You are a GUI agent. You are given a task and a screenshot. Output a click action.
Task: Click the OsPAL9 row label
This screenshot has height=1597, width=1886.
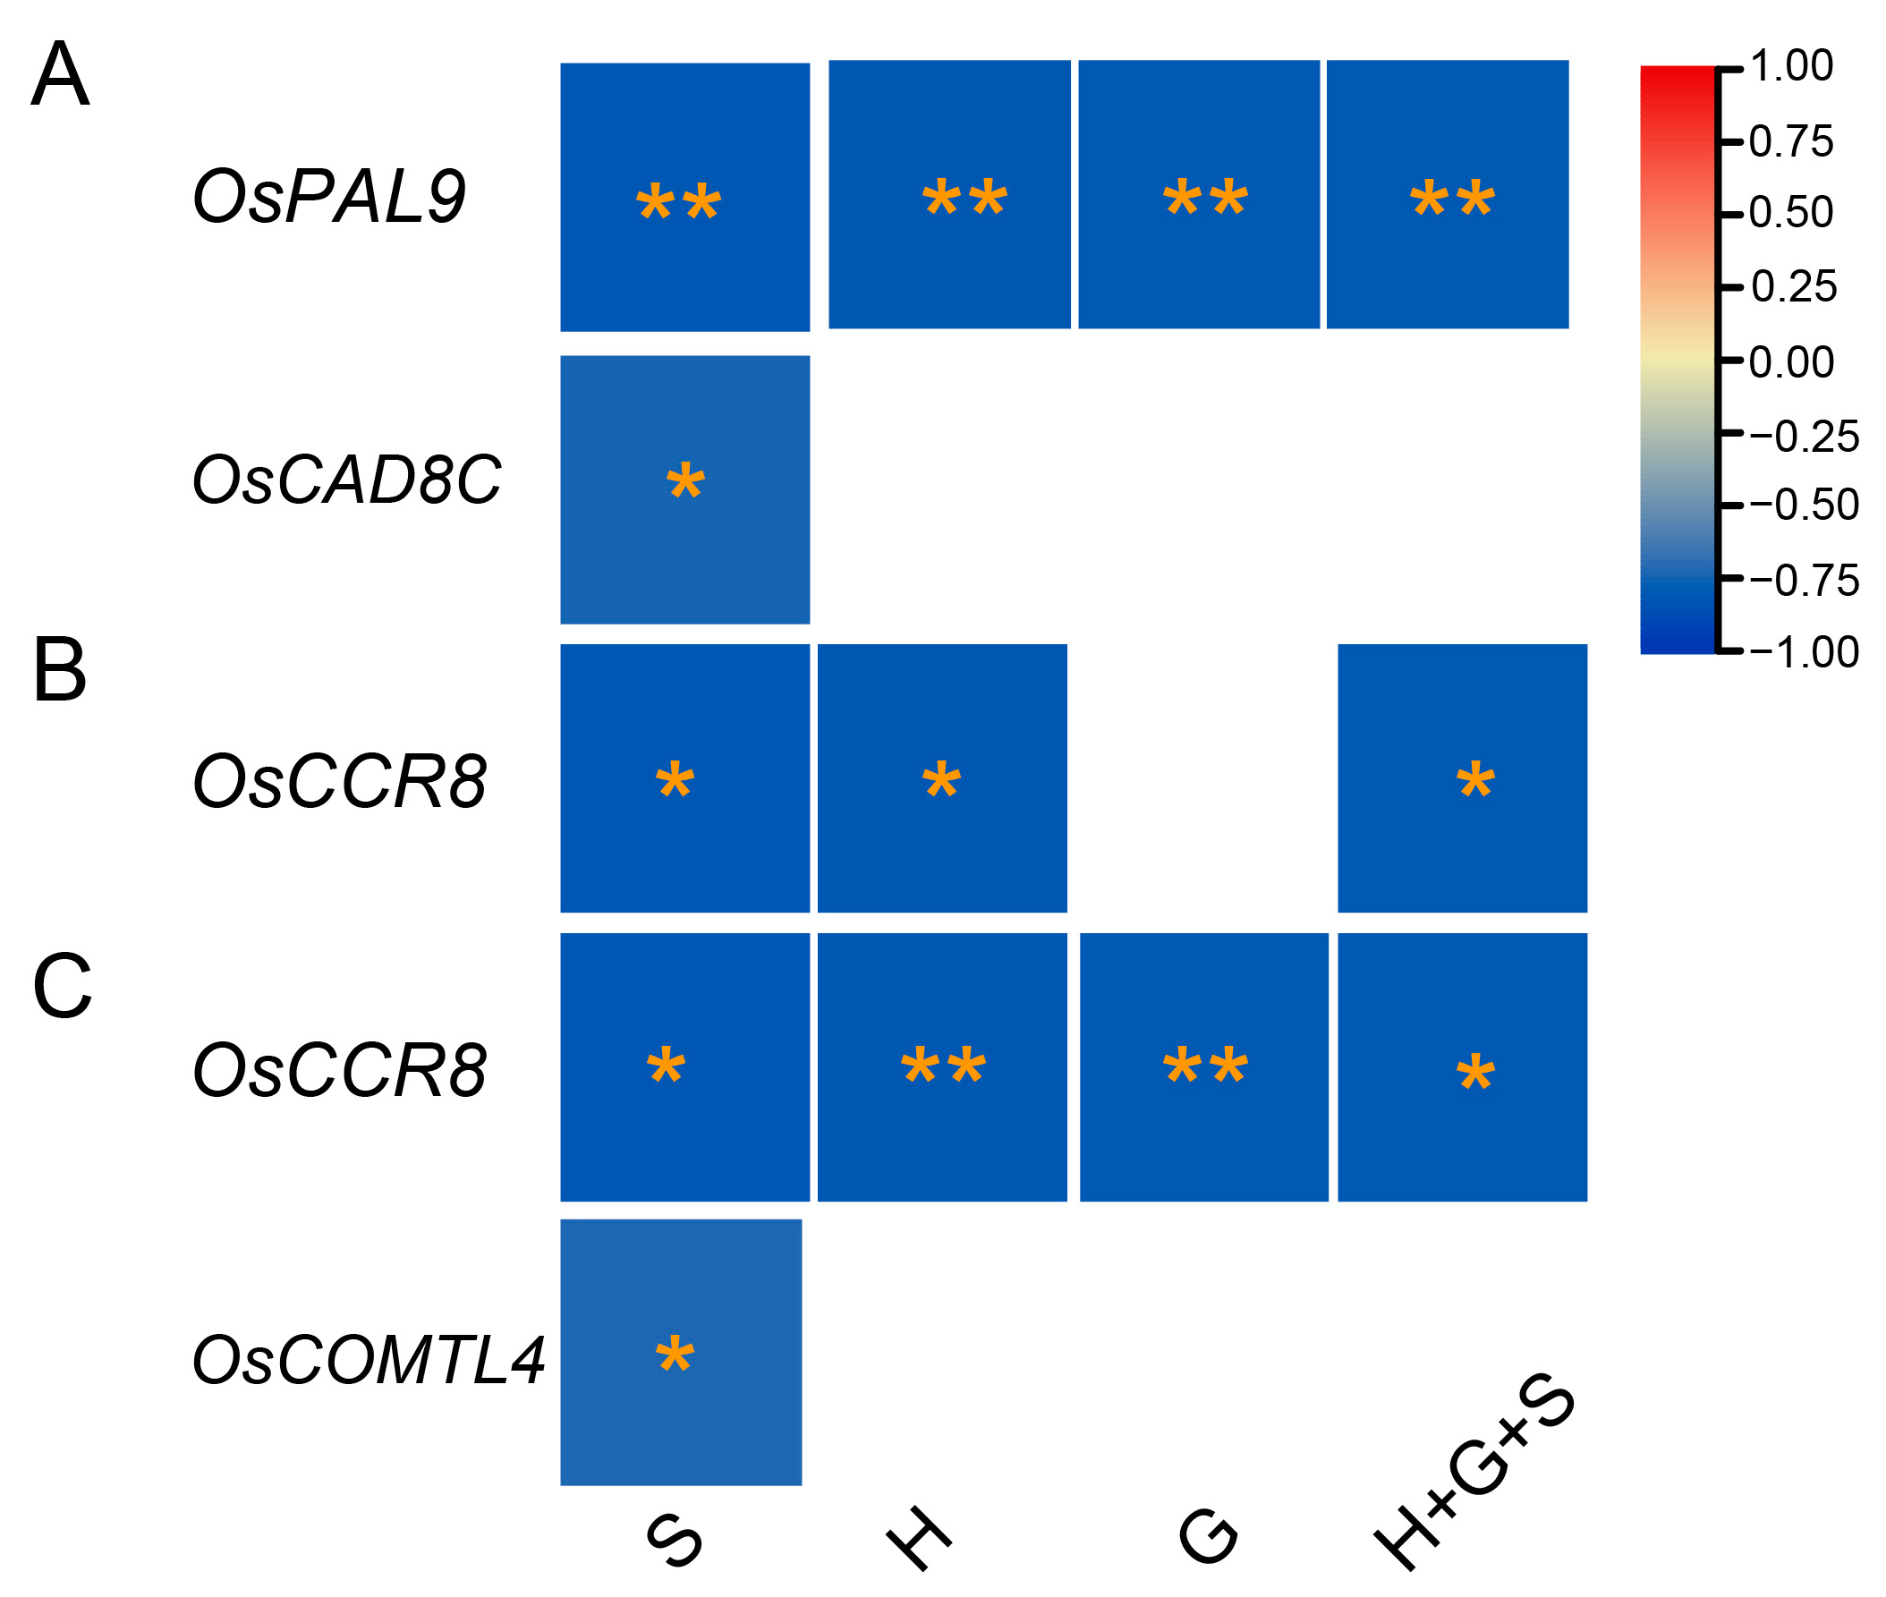pos(328,197)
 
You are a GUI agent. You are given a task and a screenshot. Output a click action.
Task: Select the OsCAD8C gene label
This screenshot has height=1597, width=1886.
pos(346,480)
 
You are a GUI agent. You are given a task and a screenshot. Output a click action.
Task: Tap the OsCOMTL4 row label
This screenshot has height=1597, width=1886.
pos(368,1360)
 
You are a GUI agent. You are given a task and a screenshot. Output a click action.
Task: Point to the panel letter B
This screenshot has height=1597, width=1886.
pos(60,671)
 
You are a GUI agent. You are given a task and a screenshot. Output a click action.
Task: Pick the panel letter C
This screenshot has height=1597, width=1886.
pos(62,987)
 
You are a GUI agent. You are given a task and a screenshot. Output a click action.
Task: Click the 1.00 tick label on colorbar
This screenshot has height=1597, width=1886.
pos(1790,66)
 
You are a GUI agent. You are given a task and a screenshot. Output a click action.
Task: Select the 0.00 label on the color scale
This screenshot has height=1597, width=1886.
pos(1790,362)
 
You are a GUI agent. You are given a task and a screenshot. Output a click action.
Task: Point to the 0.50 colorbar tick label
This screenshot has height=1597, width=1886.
pos(1790,213)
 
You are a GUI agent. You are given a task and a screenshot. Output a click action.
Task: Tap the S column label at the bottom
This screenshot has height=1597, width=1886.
pos(675,1541)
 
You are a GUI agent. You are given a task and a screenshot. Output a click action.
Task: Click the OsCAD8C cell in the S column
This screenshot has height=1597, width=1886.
pos(684,489)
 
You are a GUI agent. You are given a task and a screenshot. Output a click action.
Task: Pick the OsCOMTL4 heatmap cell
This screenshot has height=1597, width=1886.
pos(681,1352)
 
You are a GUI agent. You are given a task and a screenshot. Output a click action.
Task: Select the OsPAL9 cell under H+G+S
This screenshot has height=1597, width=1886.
pos(1446,194)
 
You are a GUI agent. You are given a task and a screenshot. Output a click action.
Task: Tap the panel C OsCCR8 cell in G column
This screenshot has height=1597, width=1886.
pos(1203,1066)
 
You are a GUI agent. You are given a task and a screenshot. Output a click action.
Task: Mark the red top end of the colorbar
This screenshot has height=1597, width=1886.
pos(1677,77)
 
